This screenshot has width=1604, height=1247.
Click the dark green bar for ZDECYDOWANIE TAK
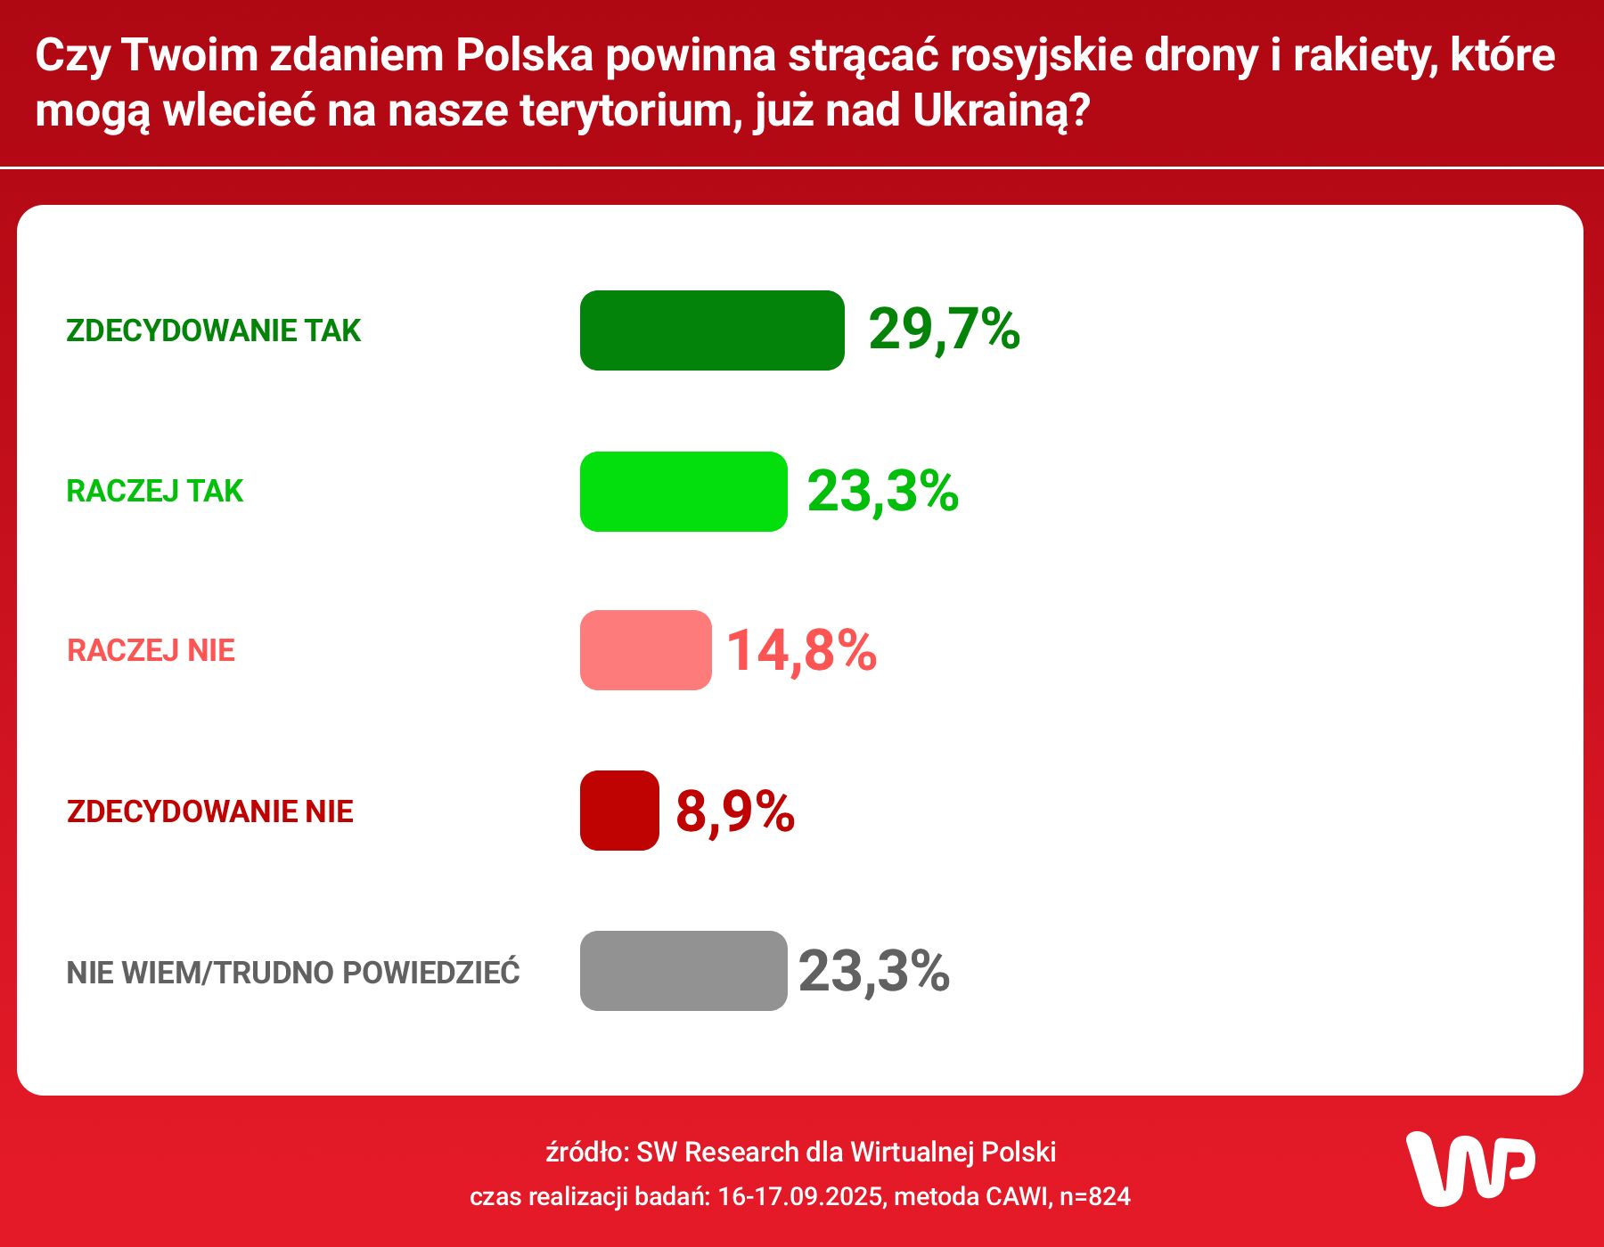pos(711,330)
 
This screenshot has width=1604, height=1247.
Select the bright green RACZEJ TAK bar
pos(683,492)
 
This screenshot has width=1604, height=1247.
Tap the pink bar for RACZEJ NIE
pos(645,650)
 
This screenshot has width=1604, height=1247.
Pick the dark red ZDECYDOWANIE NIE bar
pos(619,811)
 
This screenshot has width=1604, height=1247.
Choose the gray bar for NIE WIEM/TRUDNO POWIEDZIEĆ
pos(683,971)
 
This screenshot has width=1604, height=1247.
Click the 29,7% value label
pos(944,330)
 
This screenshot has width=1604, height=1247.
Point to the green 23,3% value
pos(882,491)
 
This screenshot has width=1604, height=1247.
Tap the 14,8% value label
pos(801,650)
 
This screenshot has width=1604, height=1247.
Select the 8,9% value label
pos(734,811)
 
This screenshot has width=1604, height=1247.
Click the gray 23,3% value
pos(873,971)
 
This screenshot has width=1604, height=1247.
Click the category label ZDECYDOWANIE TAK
pos(213,330)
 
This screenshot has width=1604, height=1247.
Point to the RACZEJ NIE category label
pos(151,650)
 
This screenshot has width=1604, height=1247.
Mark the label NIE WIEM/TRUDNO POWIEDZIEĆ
pos(292,972)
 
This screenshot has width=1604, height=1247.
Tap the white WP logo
pos(1469,1169)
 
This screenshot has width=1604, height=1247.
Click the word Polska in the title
pos(524,55)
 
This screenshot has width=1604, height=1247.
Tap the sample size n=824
pos(1094,1196)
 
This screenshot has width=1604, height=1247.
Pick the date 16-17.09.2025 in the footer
pos(801,1196)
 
